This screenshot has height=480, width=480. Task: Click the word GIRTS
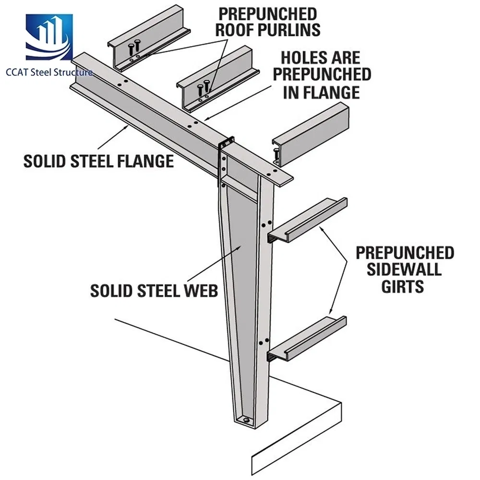tap(403, 287)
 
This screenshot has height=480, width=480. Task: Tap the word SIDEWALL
tap(404, 269)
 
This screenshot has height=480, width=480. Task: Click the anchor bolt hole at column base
tap(247, 420)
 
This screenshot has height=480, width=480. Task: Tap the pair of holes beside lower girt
tap(264, 341)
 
